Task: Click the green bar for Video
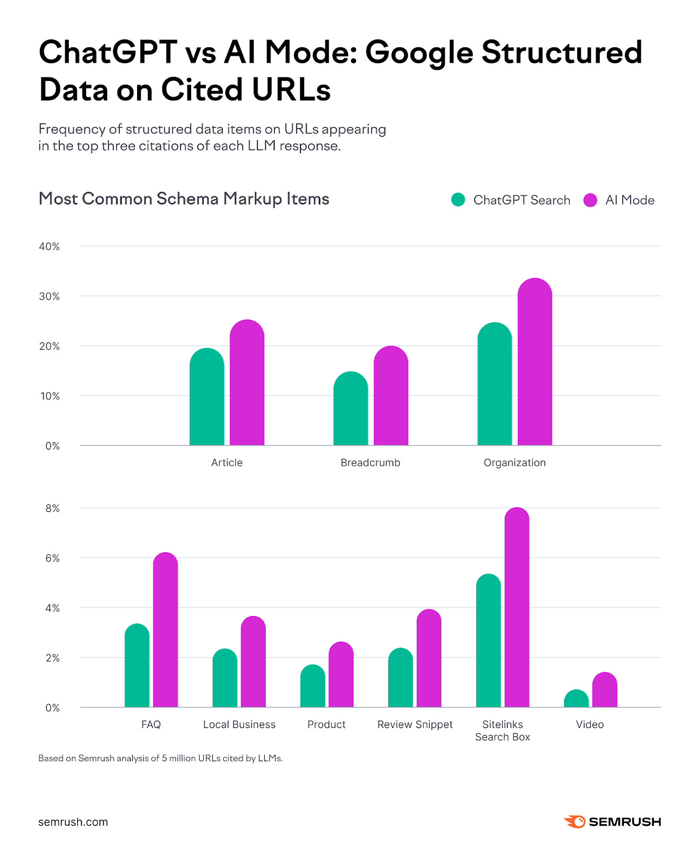[x=576, y=699]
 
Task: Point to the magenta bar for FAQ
[x=165, y=631]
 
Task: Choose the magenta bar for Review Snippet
[x=429, y=659]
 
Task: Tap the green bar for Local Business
[x=225, y=679]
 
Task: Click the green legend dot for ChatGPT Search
[x=458, y=200]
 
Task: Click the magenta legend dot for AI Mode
[x=590, y=200]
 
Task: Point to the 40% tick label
[x=49, y=247]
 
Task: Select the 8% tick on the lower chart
[x=53, y=508]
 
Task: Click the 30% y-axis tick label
[x=49, y=296]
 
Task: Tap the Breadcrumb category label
[x=370, y=463]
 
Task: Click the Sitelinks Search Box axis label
[x=503, y=731]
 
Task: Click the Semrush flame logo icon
[x=575, y=822]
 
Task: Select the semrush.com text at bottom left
[x=73, y=822]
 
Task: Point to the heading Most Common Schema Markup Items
[x=184, y=199]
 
